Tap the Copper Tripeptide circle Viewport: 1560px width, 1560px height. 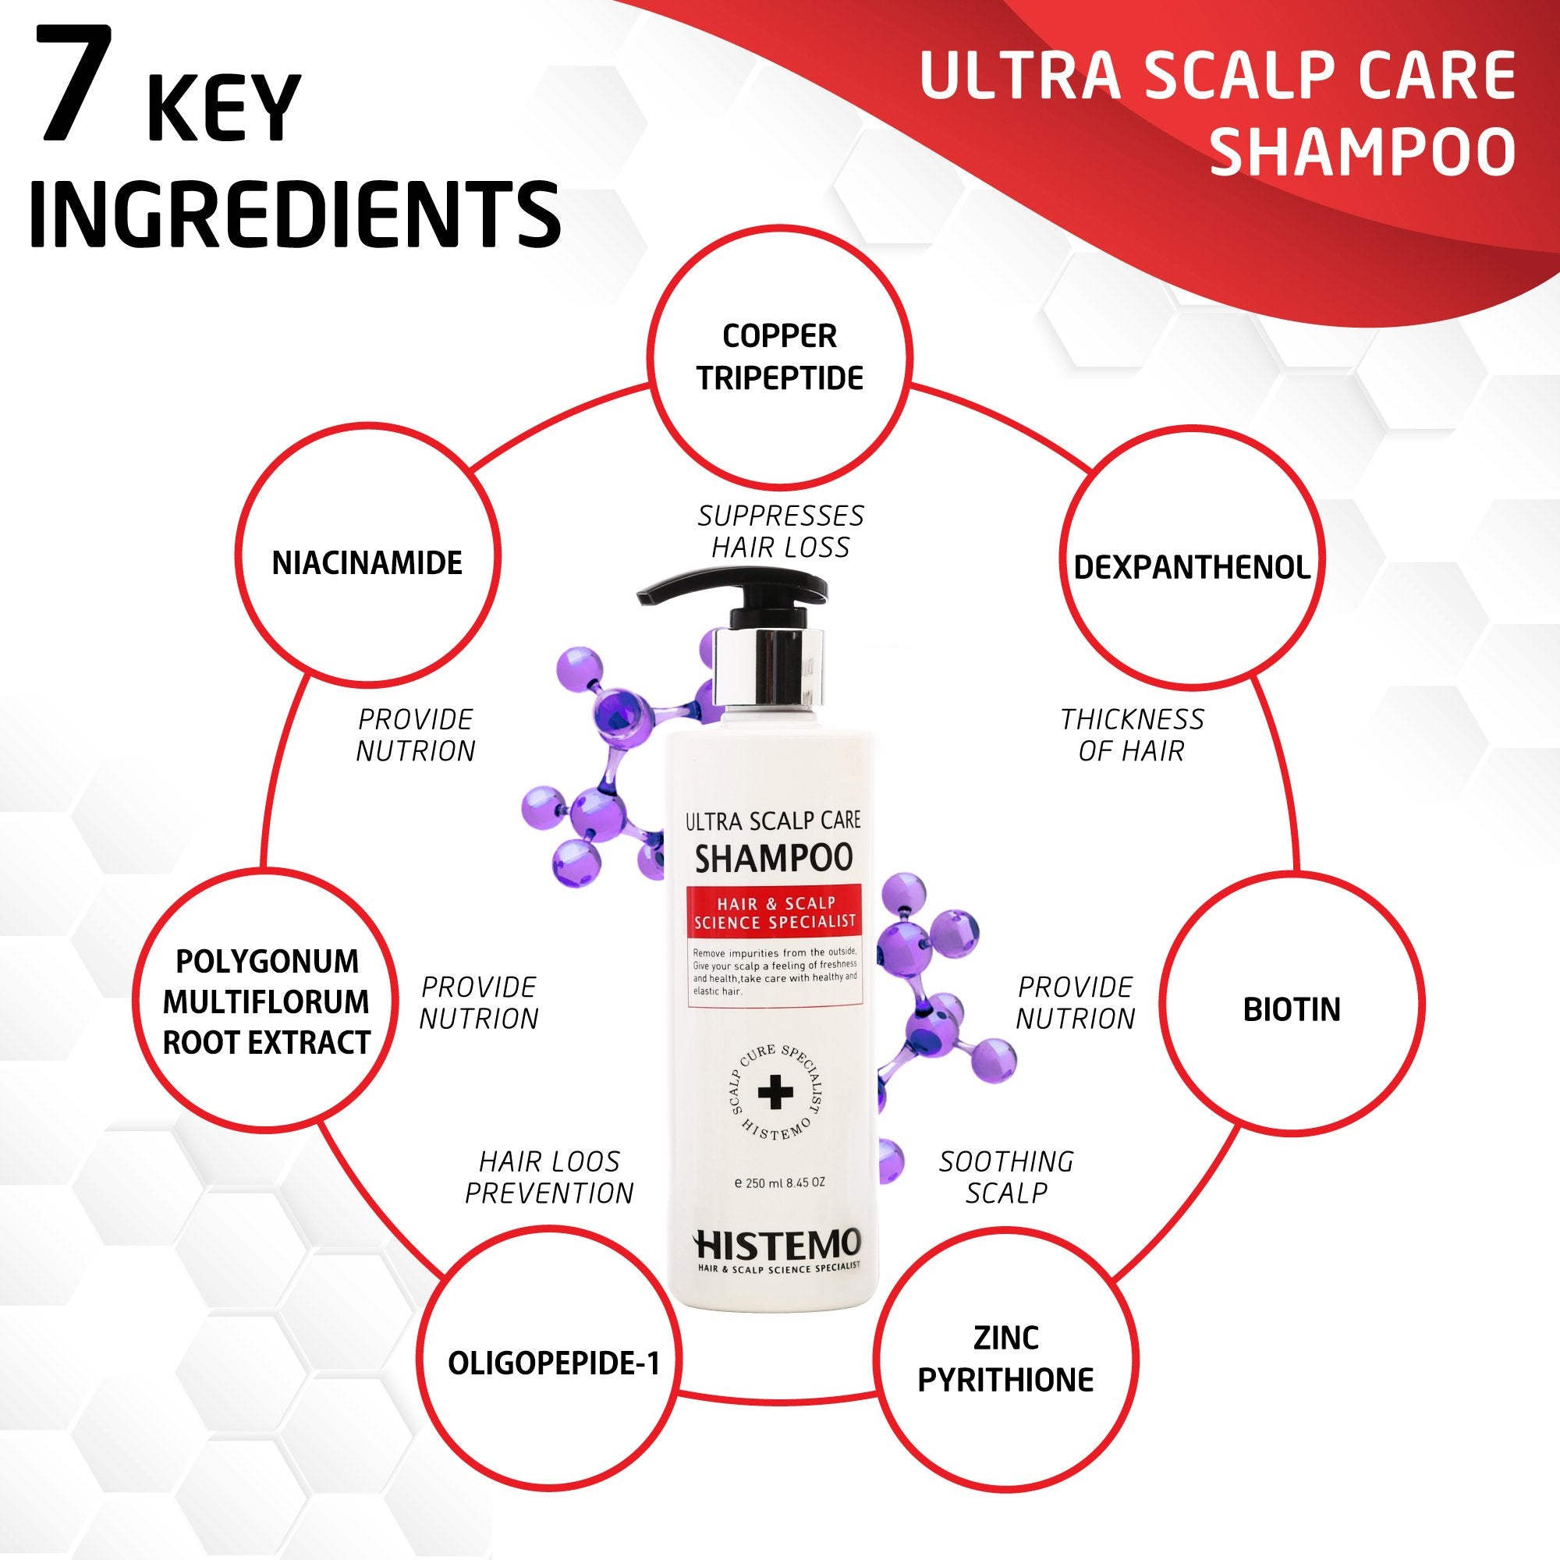[x=780, y=357]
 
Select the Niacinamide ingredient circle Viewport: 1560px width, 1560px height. [x=367, y=563]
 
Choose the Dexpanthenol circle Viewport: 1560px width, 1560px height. [x=1191, y=567]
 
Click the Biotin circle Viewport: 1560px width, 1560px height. [x=1291, y=1009]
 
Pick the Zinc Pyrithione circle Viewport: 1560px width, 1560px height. [x=1005, y=1360]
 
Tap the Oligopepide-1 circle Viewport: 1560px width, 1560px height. [x=554, y=1363]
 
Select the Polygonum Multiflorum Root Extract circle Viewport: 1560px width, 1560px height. [x=267, y=1002]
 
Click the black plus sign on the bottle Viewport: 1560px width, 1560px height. [x=776, y=1093]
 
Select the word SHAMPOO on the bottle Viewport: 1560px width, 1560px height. [x=774, y=858]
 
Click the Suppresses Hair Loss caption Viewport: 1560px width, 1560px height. [x=780, y=531]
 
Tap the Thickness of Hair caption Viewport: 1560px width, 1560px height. [x=1131, y=735]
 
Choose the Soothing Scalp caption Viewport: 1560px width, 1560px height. [x=1006, y=1176]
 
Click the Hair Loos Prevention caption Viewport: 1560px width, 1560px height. [x=549, y=1176]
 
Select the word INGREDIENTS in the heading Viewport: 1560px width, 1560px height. [x=295, y=216]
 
